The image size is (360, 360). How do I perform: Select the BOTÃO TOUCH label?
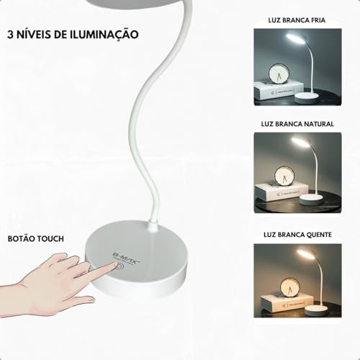pyautogui.click(x=35, y=238)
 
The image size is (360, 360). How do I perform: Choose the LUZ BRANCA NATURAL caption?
pyautogui.click(x=297, y=124)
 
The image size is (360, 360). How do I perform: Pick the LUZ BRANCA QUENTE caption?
pyautogui.click(x=297, y=235)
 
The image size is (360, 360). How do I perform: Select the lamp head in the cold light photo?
pyautogui.click(x=297, y=38)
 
